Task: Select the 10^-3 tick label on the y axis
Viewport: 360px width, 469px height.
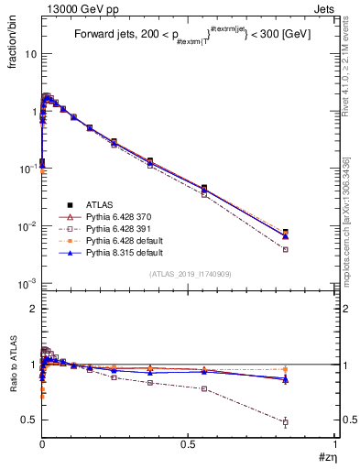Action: tap(27, 284)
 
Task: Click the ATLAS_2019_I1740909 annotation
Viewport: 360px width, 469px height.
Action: tap(190, 274)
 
